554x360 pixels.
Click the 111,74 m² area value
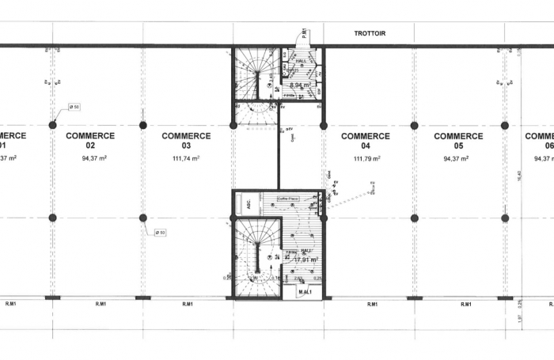186,158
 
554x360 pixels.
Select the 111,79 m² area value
366,158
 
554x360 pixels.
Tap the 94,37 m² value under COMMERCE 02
93,158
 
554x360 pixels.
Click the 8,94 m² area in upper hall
300,85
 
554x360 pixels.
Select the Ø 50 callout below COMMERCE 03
159,232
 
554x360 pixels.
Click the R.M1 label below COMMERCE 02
101,304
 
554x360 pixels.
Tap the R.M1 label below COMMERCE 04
371,304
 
